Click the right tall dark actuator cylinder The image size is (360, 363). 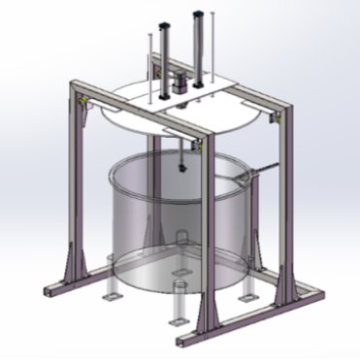tap(199, 44)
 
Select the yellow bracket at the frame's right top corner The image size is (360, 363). tap(273, 117)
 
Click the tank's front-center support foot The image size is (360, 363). tap(178, 311)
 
